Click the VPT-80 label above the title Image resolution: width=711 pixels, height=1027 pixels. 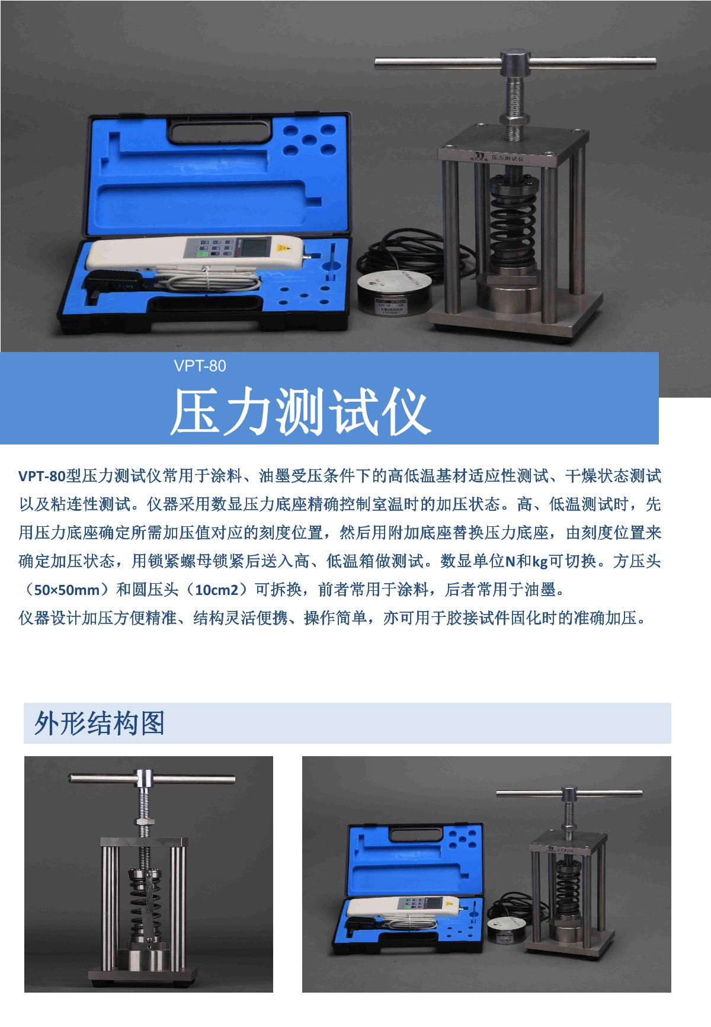click(x=200, y=366)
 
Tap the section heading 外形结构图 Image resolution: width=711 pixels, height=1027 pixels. click(x=100, y=722)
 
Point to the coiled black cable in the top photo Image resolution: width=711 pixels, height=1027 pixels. click(x=406, y=252)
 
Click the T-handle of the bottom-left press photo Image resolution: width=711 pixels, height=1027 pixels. click(x=152, y=779)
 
